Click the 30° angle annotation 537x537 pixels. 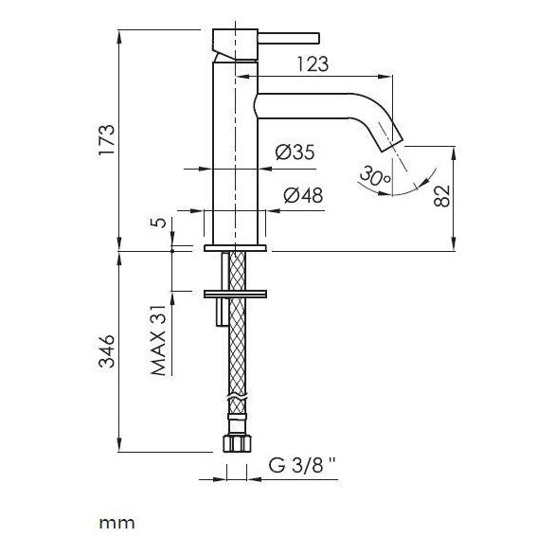click(373, 175)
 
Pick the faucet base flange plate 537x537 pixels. click(237, 248)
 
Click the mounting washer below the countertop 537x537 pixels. click(237, 290)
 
